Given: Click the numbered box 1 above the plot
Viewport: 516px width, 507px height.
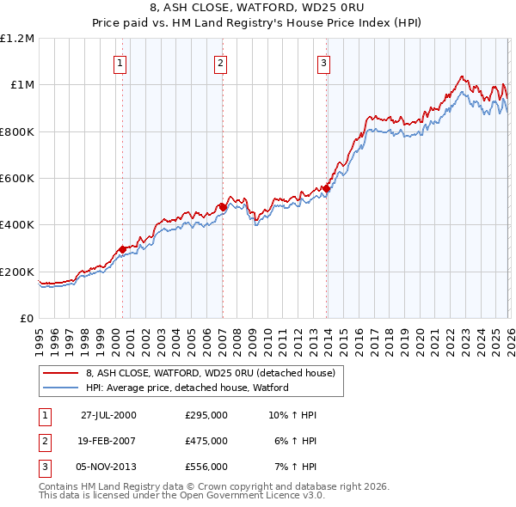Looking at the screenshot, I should [120, 62].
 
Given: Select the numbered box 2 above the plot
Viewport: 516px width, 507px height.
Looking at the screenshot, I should [221, 62].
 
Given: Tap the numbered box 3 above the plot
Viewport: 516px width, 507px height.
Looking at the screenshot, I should [324, 62].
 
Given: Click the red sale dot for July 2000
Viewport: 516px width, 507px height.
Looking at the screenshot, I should [123, 249].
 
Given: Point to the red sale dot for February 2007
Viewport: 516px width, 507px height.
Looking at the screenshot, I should [223, 207].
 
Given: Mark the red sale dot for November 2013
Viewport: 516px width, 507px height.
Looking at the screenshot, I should [327, 188].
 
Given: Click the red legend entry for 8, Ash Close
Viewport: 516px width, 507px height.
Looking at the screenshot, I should [215, 373].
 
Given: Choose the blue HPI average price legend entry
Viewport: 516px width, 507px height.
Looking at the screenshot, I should [187, 388].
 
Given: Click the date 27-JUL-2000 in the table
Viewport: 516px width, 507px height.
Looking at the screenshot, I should [108, 415].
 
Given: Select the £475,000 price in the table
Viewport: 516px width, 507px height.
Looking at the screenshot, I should [206, 441].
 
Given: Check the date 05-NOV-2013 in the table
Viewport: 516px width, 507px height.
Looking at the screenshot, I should [108, 467].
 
